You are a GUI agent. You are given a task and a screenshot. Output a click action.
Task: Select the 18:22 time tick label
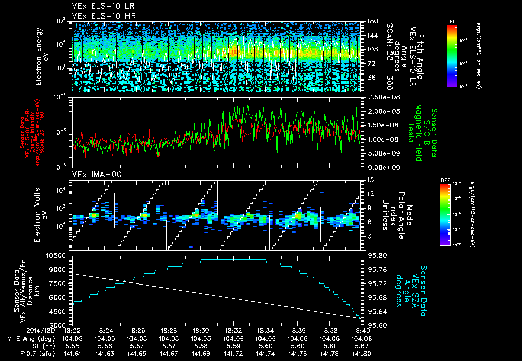click(x=72, y=330)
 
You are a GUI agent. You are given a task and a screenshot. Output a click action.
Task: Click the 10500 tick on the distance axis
click(x=57, y=255)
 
